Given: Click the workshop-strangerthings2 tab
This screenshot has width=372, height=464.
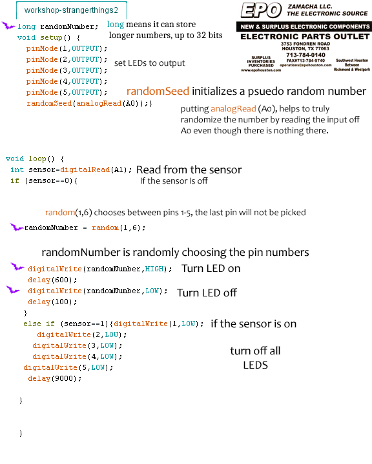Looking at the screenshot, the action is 72,10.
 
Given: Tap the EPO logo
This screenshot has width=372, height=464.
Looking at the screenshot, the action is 261,10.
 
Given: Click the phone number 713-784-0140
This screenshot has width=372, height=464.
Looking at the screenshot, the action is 305,55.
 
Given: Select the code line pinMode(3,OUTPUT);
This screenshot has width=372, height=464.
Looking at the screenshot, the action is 67,70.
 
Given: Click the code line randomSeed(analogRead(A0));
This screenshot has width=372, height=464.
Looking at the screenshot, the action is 89,103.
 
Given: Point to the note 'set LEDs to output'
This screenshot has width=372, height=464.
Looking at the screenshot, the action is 150,63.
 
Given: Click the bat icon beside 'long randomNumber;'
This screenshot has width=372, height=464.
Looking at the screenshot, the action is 8,25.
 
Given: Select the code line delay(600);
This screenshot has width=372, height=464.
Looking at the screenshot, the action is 52,280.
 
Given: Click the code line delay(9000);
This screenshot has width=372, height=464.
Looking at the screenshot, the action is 55,378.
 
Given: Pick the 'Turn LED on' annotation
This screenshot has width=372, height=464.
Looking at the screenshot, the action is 211,268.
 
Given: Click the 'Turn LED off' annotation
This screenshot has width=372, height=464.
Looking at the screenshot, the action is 207,293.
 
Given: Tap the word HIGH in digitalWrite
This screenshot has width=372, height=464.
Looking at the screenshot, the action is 154,269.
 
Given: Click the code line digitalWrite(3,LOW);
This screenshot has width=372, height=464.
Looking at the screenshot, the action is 77,345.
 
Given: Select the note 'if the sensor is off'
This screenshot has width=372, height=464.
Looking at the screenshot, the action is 174,181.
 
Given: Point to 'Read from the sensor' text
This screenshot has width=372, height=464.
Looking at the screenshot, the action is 189,169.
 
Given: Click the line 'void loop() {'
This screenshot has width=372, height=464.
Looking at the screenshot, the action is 35,159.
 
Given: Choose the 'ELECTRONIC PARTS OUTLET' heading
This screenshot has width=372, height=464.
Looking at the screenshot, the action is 305,36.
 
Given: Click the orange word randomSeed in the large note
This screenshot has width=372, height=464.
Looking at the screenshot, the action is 158,91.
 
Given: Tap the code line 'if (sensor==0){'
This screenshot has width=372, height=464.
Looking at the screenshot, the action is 44,181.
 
